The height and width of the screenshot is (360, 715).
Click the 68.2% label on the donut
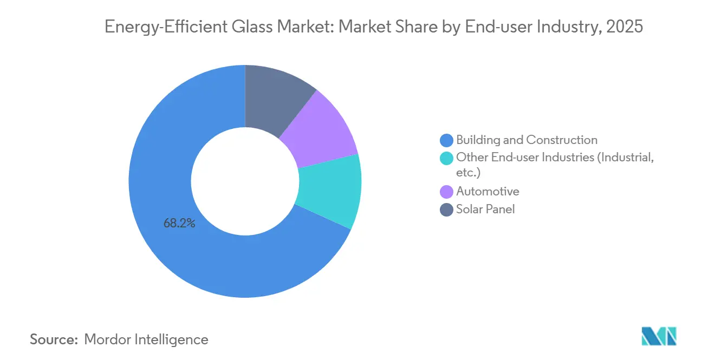179,223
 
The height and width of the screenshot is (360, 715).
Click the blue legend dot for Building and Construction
446,141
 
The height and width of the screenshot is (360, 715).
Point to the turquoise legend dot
446,158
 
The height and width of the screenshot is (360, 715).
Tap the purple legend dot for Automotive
446,192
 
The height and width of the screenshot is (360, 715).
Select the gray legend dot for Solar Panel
446,210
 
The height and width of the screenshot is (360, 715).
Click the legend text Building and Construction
526,140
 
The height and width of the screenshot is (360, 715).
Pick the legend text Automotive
487,191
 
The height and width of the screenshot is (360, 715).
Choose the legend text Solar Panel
485,209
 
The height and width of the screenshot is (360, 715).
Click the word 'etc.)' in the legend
468,173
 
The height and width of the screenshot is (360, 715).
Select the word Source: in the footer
54,339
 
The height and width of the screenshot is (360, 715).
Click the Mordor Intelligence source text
146,339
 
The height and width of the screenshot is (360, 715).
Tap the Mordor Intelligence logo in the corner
659,336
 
